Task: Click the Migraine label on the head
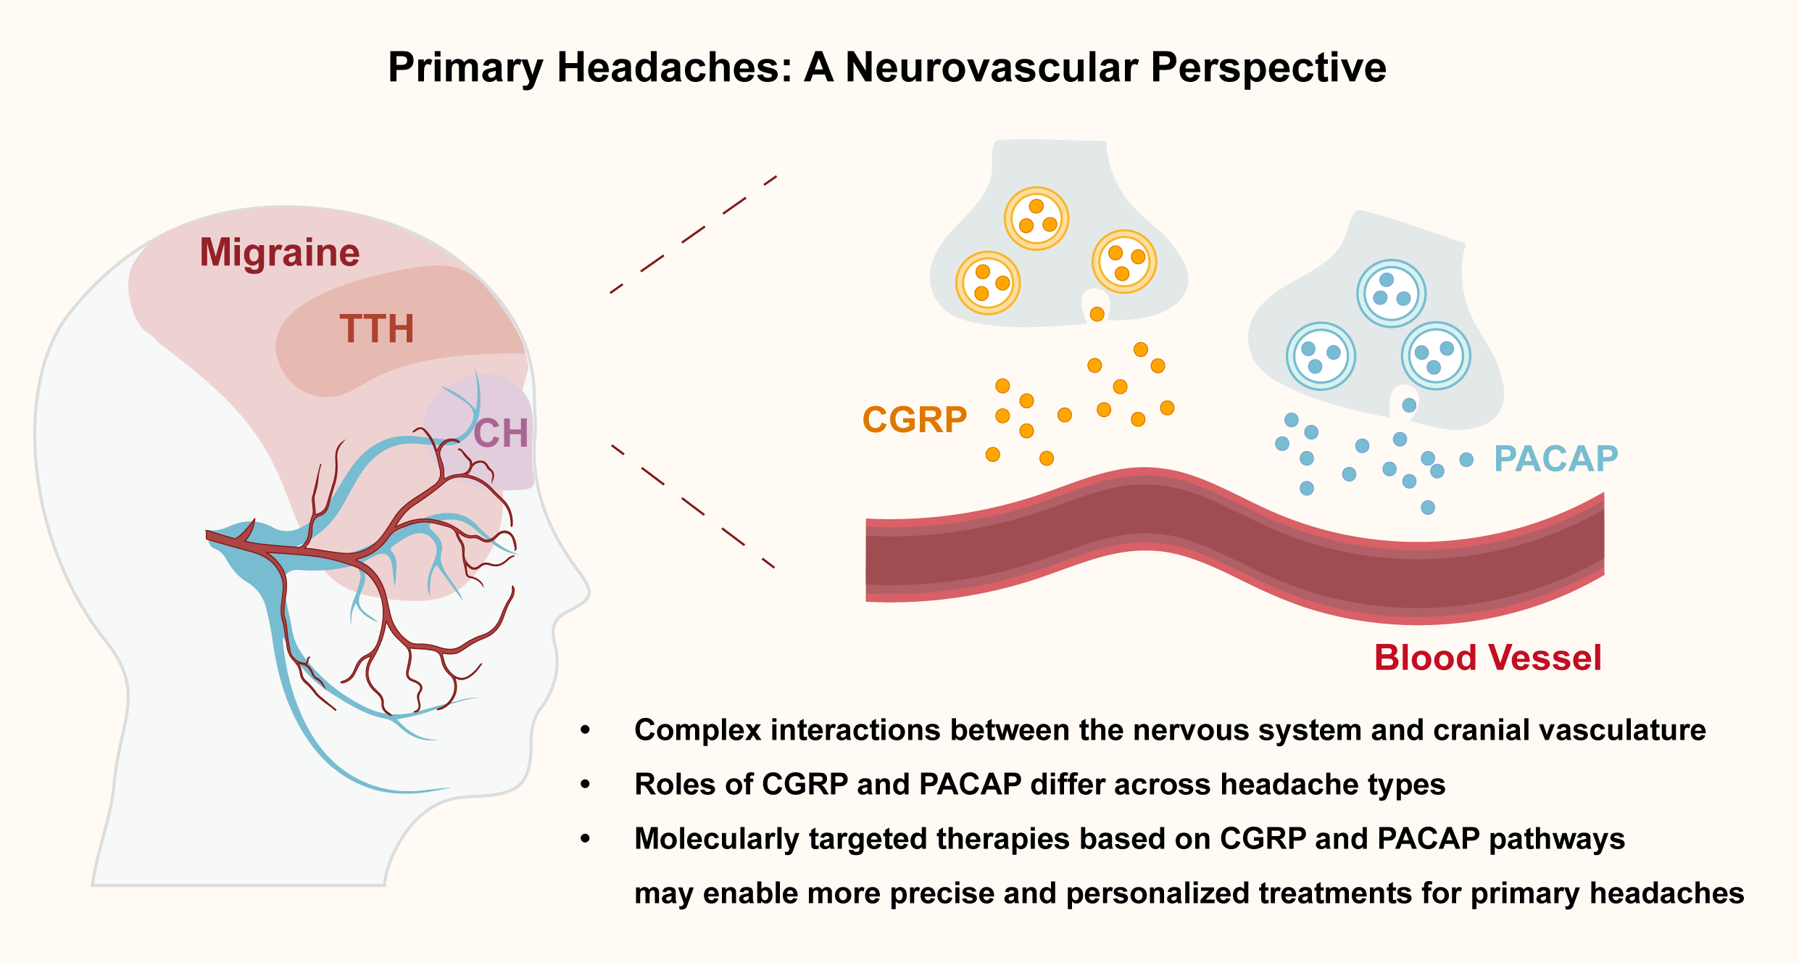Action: (279, 252)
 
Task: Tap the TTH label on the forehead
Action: (377, 328)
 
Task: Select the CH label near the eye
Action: (501, 434)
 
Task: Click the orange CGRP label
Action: (915, 420)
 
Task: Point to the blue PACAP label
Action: (1555, 459)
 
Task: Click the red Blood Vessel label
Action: (1487, 658)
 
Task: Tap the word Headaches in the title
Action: (673, 67)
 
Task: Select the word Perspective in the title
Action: (1268, 67)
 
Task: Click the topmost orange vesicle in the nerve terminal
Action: (1036, 218)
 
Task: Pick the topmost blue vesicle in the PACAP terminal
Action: (1391, 294)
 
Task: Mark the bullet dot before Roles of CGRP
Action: (586, 785)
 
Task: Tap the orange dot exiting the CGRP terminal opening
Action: (1097, 314)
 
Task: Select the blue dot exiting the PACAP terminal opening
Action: (1409, 405)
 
